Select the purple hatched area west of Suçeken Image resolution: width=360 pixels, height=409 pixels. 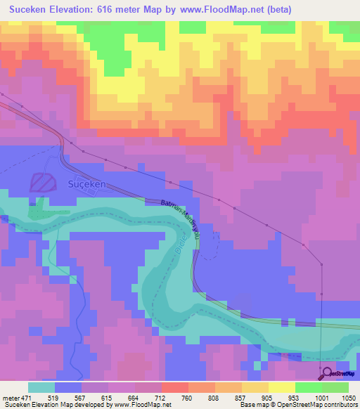pyautogui.click(x=42, y=183)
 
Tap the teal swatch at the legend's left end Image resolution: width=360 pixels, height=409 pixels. pyautogui.click(x=41, y=387)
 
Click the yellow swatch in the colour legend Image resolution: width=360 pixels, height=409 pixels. pyautogui.click(x=282, y=387)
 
